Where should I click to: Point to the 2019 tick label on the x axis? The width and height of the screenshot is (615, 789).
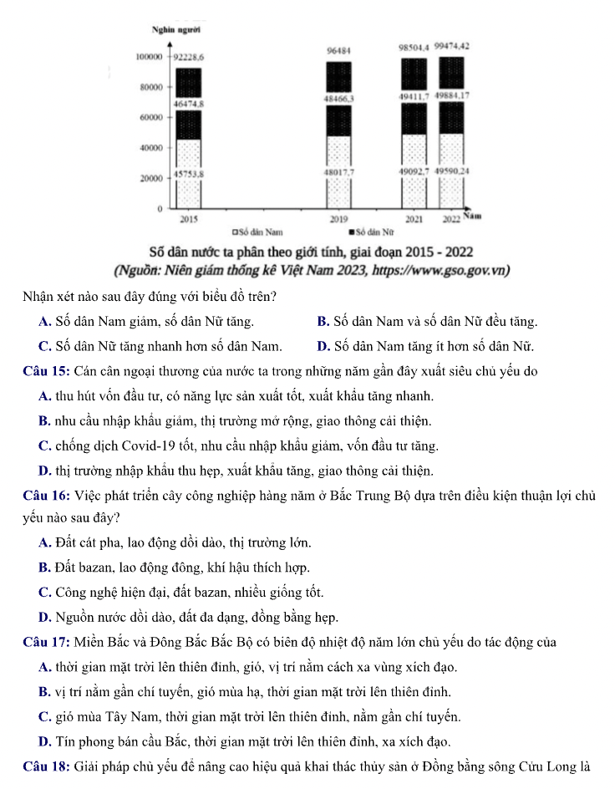338,219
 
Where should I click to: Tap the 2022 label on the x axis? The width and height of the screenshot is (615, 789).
451,219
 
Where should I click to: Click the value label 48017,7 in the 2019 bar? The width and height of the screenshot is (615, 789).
338,172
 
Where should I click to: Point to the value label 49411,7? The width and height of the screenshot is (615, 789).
414,96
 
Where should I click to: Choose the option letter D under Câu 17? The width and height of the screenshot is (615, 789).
44,741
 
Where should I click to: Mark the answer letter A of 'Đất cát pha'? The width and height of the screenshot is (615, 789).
44,543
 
